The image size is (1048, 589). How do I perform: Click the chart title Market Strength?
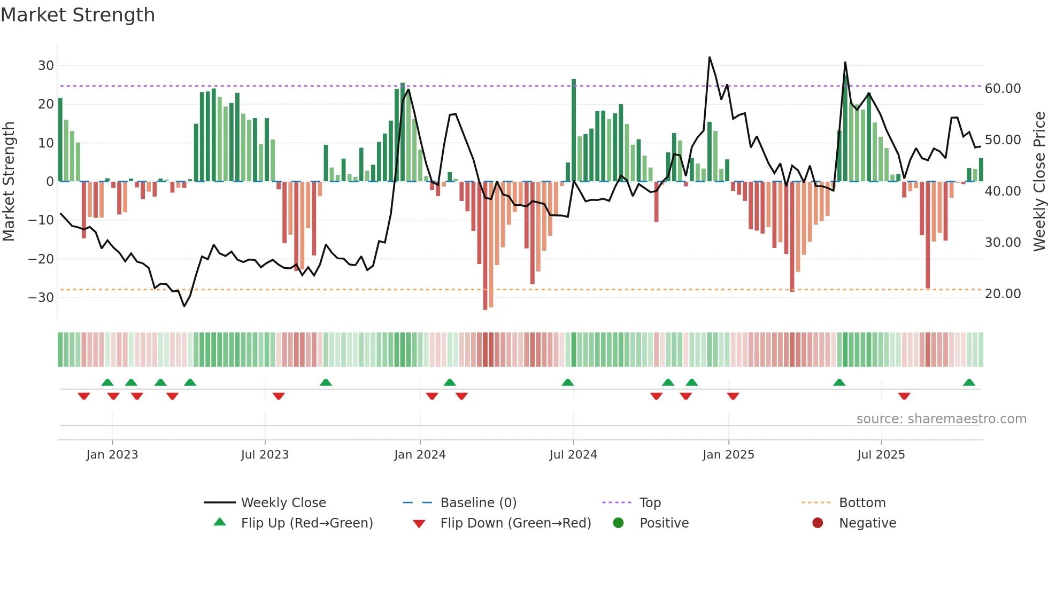(x=78, y=15)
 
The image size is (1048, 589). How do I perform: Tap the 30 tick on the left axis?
(x=46, y=66)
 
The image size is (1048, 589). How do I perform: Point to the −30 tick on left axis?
(x=42, y=298)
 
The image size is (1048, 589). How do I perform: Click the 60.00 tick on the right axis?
(x=1003, y=89)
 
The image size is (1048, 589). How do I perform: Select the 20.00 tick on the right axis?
(x=1003, y=294)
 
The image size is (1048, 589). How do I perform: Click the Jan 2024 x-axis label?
(x=420, y=455)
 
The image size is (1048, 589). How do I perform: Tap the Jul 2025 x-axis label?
(x=881, y=455)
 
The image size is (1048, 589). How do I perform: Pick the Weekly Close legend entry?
(x=283, y=503)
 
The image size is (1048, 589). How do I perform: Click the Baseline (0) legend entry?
(x=478, y=503)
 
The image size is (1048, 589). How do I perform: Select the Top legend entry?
(x=650, y=503)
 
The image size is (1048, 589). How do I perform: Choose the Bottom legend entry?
(x=862, y=503)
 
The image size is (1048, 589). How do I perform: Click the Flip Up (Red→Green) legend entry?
(x=306, y=523)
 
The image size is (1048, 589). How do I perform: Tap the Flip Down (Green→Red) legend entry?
(x=515, y=523)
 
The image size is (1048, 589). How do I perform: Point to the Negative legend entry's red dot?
(x=817, y=523)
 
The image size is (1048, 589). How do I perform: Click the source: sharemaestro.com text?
(x=941, y=419)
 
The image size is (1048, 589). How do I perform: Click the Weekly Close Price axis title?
(x=1039, y=182)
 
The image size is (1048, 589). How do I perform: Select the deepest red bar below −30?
(x=485, y=246)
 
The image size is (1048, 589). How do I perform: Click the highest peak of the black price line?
(x=710, y=57)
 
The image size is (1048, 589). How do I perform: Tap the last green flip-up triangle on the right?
(x=969, y=383)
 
